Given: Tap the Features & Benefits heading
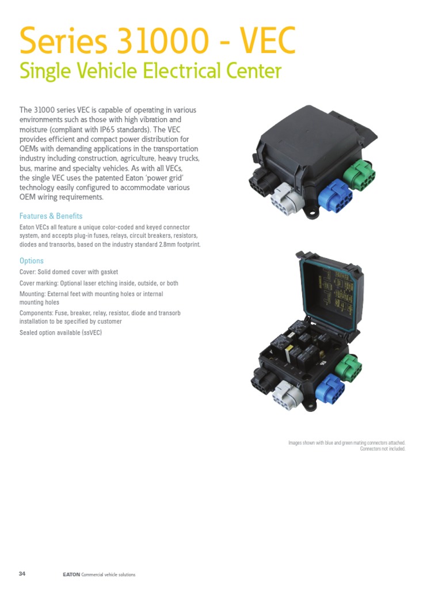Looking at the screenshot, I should (x=51, y=216).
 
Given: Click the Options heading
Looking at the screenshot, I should (x=32, y=261).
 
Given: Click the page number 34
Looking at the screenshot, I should (x=22, y=574).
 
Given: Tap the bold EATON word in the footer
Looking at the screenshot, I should (x=71, y=574).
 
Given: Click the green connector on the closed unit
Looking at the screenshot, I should (x=359, y=172).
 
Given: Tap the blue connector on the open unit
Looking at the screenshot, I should (x=329, y=389).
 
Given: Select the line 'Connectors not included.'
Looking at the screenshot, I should (x=383, y=449).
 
